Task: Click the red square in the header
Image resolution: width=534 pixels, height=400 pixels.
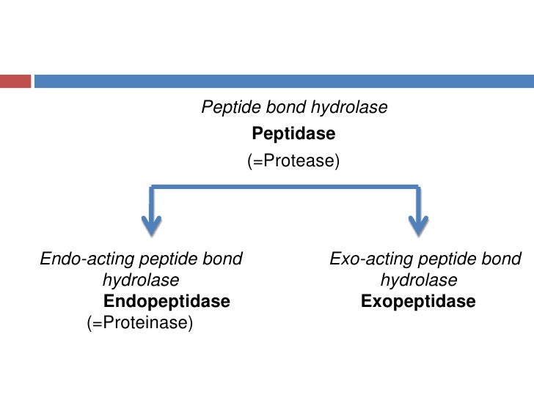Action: coord(15,80)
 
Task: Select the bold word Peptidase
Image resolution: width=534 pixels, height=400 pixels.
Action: coord(293,134)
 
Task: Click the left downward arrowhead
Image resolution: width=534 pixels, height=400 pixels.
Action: coord(151,226)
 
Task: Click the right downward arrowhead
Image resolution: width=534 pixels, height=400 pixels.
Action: coord(419,226)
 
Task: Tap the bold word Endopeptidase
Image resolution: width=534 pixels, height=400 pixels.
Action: coord(167,302)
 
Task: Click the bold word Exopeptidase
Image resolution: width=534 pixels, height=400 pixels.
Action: coord(418,302)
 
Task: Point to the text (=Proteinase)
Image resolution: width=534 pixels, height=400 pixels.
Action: coord(139,323)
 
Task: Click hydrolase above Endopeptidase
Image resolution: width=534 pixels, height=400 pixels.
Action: coord(140,281)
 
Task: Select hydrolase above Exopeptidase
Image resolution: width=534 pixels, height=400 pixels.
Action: coord(419,281)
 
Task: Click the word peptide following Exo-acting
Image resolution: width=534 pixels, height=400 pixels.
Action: coord(445,259)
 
